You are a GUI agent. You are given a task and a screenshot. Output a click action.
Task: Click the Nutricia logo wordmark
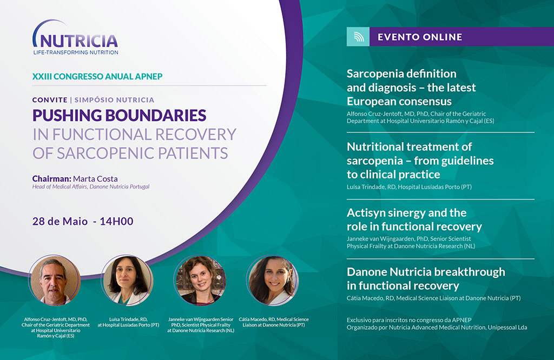coord(78,41)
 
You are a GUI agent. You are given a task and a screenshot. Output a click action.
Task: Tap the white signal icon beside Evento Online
coord(359,37)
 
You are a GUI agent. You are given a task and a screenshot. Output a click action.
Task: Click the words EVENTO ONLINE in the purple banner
coord(420,37)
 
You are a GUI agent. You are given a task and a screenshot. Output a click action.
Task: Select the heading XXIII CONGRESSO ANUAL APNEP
coord(97,76)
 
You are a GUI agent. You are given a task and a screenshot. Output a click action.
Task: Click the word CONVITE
coord(50,100)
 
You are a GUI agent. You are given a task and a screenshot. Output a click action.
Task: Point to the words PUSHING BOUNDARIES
coord(120,116)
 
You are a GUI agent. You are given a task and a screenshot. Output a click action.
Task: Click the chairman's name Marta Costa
coord(95,178)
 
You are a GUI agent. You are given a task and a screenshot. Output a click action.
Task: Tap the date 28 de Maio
coord(60,221)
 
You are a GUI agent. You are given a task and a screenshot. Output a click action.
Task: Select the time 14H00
coord(117,221)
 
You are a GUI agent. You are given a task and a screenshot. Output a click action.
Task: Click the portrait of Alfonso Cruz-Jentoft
coord(55,281)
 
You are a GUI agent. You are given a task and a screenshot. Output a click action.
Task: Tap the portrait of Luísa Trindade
coord(127,281)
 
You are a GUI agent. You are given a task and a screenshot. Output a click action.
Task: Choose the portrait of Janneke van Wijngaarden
coord(200,281)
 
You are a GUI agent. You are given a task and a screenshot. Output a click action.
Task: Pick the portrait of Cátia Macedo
coord(273,281)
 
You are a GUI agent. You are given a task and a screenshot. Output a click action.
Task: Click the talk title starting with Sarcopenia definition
coord(411,88)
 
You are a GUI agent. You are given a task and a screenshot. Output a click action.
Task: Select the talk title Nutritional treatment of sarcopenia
coord(420,161)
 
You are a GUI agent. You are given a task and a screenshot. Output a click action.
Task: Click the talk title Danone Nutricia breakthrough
coord(426,278)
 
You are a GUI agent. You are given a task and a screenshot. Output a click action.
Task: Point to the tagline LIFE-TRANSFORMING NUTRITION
coord(76,52)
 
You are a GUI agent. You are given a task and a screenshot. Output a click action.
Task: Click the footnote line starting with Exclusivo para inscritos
coord(409,320)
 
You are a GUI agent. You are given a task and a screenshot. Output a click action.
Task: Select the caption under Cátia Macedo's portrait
coord(273,322)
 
